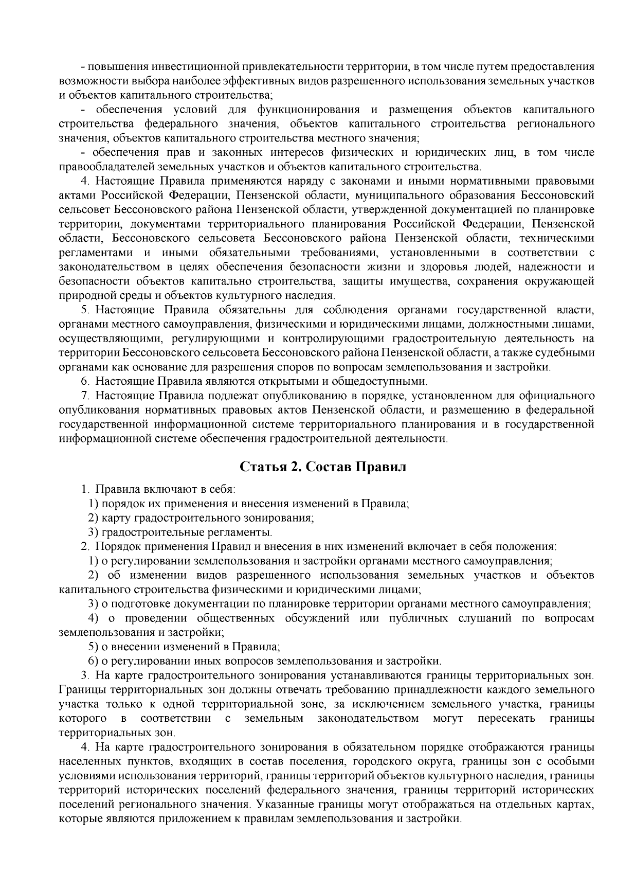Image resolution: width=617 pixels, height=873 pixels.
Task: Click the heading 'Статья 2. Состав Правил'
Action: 323,467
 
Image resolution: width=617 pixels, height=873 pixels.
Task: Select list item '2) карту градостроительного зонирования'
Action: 201,518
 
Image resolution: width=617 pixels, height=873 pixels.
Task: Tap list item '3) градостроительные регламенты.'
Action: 180,532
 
